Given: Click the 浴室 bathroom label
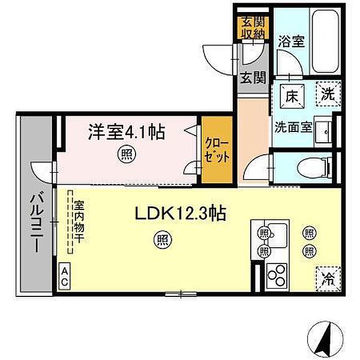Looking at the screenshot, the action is coord(292,41).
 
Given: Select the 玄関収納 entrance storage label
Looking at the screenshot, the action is coord(253,28).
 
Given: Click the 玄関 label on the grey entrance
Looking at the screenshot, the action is coord(253,78).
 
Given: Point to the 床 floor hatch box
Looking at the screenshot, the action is coord(292,96).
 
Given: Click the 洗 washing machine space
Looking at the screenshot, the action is coord(328,94).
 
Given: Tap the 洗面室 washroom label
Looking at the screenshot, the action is coord(293,127).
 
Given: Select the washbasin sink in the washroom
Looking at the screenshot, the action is coord(323,132).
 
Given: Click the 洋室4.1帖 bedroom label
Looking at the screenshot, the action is coord(127,133).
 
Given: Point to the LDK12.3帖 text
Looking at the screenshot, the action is coord(181,213).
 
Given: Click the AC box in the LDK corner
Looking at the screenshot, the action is coord(65,277).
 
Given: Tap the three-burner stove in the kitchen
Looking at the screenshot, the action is coord(277,277).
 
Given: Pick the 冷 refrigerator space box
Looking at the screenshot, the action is coord(328,279).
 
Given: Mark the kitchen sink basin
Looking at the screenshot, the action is coord(277,235).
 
